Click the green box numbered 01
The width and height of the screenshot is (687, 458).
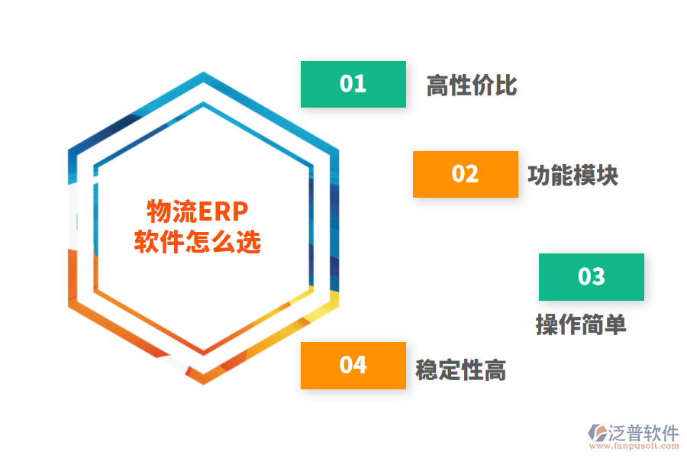coord(353,84)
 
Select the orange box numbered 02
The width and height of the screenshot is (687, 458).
coord(466,174)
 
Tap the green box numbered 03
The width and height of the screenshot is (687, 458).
coord(592,277)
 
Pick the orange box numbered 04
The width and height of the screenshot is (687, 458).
coord(353,366)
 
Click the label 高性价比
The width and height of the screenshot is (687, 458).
coord(472,85)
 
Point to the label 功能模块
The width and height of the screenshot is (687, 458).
coord(573,176)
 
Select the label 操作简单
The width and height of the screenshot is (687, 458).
coord(581,324)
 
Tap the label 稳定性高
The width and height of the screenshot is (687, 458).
coord(461,370)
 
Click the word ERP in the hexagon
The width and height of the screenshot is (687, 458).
coord(224,211)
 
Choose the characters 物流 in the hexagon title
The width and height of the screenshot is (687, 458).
coord(173,211)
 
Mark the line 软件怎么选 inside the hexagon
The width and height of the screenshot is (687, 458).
coord(198,241)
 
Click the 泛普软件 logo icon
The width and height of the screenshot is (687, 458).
coord(598,433)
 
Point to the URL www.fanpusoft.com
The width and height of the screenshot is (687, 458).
coord(634,446)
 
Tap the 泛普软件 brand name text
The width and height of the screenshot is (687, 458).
coord(643,433)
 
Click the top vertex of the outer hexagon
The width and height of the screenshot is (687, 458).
coord(203,73)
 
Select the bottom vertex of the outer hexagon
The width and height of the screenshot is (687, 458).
coord(203,384)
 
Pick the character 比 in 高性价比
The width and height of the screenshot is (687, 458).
coord(506,85)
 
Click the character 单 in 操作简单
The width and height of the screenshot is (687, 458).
coord(615,324)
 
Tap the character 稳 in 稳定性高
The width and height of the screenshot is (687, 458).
coord(427,370)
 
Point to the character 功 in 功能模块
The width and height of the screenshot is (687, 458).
coord(539,176)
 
